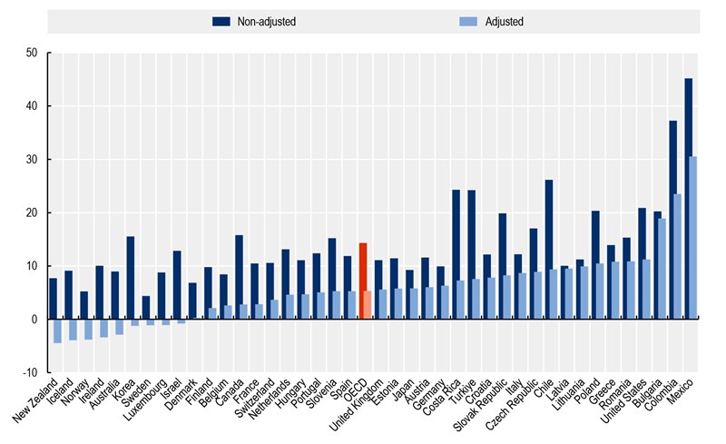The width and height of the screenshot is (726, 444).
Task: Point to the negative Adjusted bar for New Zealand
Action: [x=57, y=331]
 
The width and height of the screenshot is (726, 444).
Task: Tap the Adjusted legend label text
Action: [x=505, y=20]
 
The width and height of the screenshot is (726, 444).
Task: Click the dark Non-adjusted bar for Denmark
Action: [x=192, y=301]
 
